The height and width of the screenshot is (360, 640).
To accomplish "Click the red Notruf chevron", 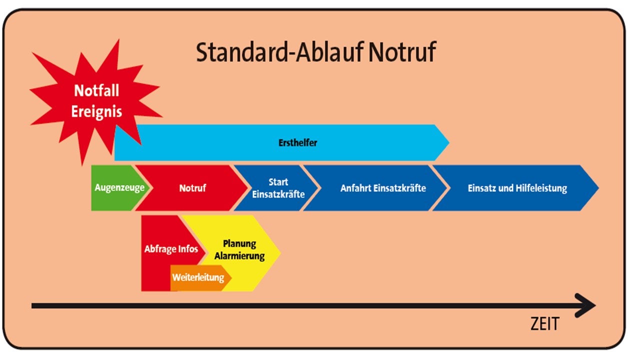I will (x=192, y=188).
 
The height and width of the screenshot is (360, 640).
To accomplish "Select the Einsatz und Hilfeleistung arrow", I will (x=517, y=188).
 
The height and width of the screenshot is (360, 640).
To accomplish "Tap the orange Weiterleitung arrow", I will (x=198, y=277).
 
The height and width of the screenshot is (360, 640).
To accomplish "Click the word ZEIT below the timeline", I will (x=544, y=324).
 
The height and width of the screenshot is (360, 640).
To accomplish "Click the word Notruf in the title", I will (x=402, y=52).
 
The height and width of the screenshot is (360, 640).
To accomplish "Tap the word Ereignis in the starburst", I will (x=96, y=111).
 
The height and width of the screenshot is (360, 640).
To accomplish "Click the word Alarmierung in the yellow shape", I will (x=243, y=255).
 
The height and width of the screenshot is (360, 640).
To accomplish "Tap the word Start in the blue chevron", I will (x=278, y=182).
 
